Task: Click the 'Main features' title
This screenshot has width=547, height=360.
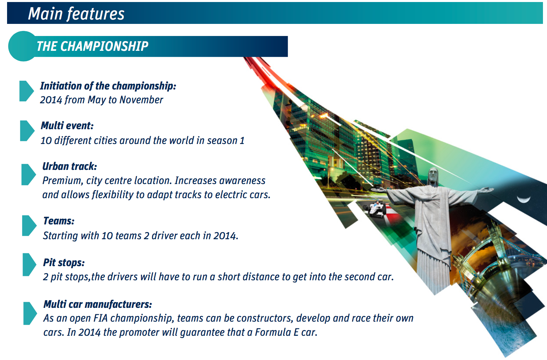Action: (x=76, y=14)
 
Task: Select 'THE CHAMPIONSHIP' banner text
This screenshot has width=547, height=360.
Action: (x=93, y=46)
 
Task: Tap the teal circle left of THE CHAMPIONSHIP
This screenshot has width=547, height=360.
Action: (x=22, y=46)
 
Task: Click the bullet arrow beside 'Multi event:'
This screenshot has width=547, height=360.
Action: (x=27, y=131)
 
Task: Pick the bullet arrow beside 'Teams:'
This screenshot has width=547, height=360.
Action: (x=29, y=225)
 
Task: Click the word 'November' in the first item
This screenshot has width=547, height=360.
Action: (x=141, y=100)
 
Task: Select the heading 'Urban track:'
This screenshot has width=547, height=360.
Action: (x=70, y=166)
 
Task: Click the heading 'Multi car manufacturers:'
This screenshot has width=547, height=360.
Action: (x=98, y=304)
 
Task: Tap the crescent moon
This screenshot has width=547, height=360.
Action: (x=523, y=199)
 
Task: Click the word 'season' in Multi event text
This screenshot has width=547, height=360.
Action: (x=222, y=141)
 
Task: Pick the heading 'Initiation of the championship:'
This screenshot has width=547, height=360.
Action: (x=108, y=86)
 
